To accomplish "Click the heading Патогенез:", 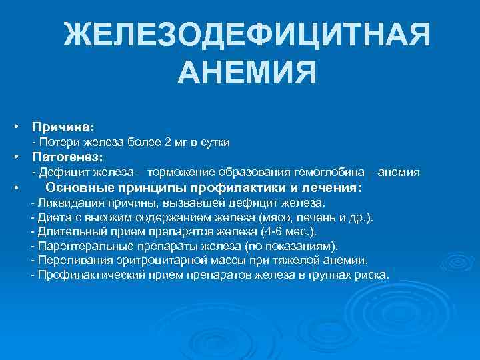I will tap(67, 157).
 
